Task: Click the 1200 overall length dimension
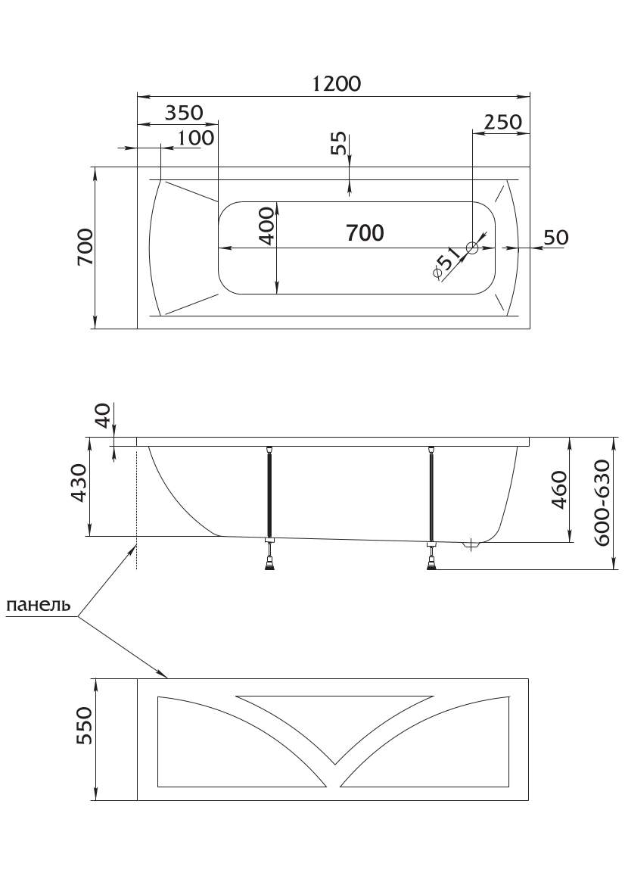pos(336,83)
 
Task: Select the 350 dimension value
pos(183,113)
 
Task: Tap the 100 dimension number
pos(196,138)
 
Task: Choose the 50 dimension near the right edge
pos(555,237)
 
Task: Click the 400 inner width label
pos(267,226)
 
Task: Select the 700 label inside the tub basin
pos(365,232)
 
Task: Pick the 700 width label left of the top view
pos(86,247)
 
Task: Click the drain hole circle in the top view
pos(472,248)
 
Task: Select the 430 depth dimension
pos(79,483)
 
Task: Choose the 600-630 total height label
pos(602,503)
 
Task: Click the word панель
pos(39,605)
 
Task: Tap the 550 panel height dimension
pos(83,725)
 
